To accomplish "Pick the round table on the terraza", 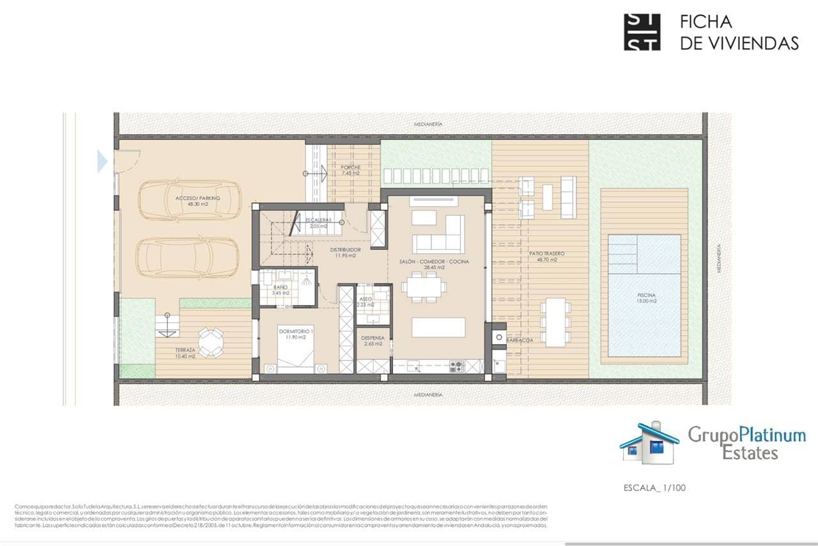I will (210, 342).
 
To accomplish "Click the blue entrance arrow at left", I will (102, 162).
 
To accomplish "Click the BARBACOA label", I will (520, 340).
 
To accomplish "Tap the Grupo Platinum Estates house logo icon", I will (649, 442).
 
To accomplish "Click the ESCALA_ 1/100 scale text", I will (654, 488).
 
